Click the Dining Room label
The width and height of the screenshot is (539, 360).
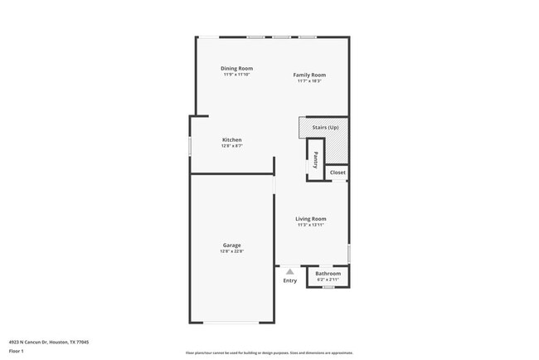pyautogui.click(x=236, y=68)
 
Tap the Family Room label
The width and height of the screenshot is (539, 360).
pyautogui.click(x=308, y=75)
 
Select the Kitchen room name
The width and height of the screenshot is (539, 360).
pyautogui.click(x=231, y=139)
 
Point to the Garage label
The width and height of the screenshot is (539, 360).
pyautogui.click(x=231, y=245)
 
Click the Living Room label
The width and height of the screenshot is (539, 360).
pyautogui.click(x=311, y=219)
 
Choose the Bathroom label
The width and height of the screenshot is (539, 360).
pyautogui.click(x=328, y=273)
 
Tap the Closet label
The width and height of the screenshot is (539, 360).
pyautogui.click(x=337, y=173)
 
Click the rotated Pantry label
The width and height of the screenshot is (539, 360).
pyautogui.click(x=315, y=158)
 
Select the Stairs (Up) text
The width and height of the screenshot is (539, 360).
pyautogui.click(x=325, y=128)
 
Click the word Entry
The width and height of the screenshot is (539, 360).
pyautogui.click(x=289, y=280)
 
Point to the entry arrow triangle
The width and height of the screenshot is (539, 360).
pyautogui.click(x=289, y=270)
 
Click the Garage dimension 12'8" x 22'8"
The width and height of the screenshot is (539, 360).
pyautogui.click(x=232, y=251)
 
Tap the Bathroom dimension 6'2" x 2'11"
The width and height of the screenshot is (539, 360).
pyautogui.click(x=328, y=280)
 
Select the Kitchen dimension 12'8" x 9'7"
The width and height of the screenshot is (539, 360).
pyautogui.click(x=231, y=146)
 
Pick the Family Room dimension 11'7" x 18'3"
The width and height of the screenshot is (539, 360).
pyautogui.click(x=308, y=81)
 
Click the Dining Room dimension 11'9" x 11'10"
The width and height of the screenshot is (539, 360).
pyautogui.click(x=236, y=75)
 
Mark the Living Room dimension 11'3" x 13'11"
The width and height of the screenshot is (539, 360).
pyautogui.click(x=311, y=226)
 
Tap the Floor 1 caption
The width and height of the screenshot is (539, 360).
pyautogui.click(x=17, y=351)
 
